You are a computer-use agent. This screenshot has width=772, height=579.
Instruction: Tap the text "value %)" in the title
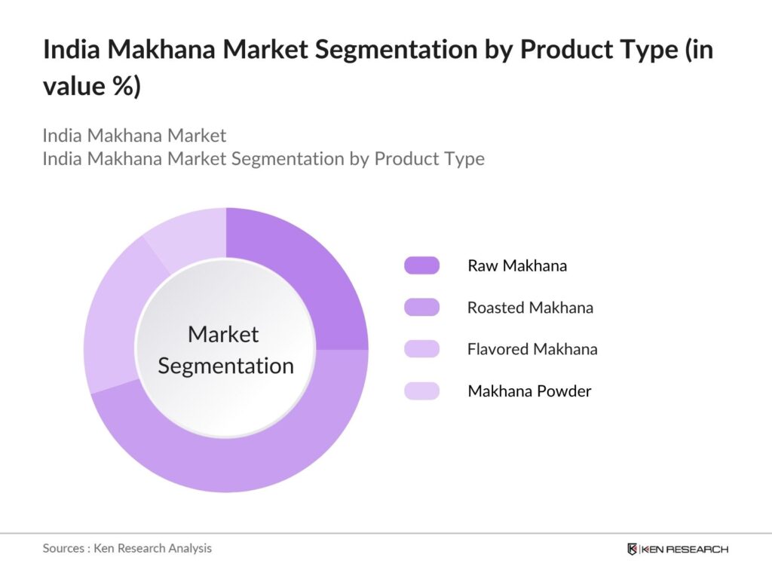(x=91, y=86)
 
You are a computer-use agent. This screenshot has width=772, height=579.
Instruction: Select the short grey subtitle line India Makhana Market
(x=134, y=136)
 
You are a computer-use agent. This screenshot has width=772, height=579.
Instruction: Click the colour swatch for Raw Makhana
(x=421, y=265)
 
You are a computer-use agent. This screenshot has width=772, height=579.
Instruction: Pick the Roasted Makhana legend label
(x=530, y=308)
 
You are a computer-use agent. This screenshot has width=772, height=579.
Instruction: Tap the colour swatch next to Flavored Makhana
(x=421, y=349)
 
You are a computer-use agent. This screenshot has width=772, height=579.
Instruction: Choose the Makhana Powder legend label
(x=529, y=391)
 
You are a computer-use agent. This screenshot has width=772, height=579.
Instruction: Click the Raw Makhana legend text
(x=517, y=265)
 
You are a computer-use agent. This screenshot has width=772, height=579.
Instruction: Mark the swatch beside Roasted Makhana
(x=421, y=308)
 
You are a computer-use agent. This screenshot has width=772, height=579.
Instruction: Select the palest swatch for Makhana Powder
(x=421, y=391)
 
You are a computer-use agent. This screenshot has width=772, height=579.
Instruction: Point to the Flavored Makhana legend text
(x=532, y=349)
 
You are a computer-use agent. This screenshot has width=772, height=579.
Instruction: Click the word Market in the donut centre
(x=223, y=334)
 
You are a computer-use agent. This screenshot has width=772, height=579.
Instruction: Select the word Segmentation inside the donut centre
(x=226, y=366)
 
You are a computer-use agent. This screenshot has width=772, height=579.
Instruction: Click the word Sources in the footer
(x=63, y=548)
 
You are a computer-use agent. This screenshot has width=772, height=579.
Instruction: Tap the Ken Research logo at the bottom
(x=677, y=549)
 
